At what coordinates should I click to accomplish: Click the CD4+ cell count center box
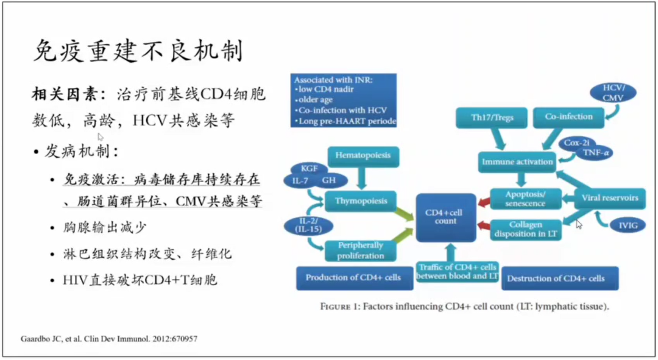pyautogui.click(x=445, y=217)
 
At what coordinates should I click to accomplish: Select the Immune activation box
pyautogui.click(x=517, y=162)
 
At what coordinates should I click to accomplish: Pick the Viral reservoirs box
pyautogui.click(x=609, y=198)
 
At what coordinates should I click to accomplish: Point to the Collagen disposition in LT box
pyautogui.click(x=526, y=229)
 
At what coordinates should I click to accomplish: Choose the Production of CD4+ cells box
pyautogui.click(x=353, y=278)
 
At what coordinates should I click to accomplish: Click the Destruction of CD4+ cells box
pyautogui.click(x=556, y=278)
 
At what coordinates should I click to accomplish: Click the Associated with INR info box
pyautogui.click(x=344, y=101)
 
